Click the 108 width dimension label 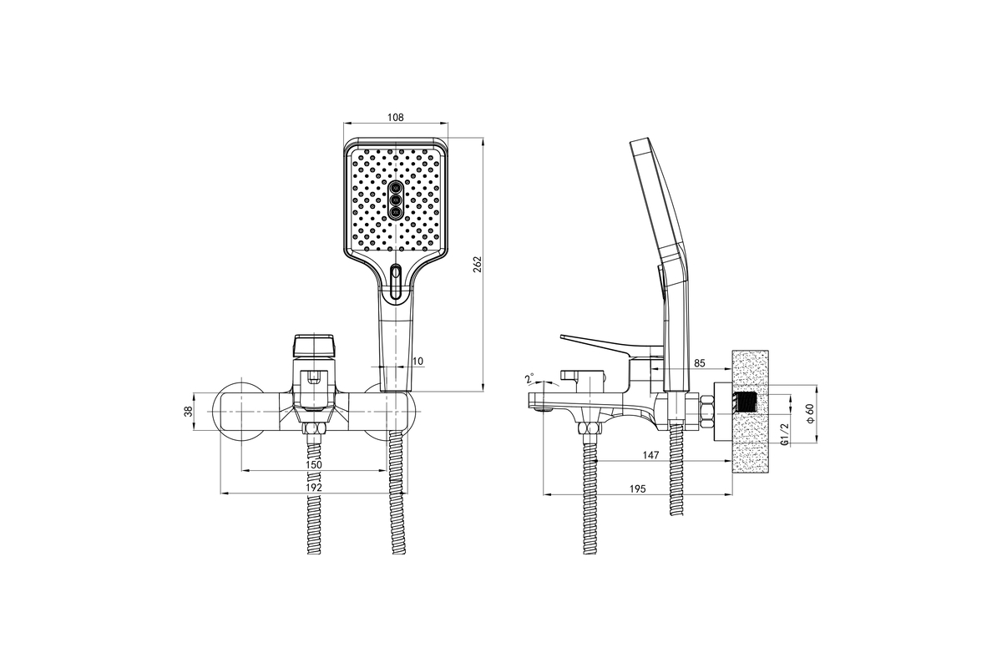coord(396,117)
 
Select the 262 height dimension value coord(478,265)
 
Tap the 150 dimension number coord(314,464)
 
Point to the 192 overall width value coord(314,488)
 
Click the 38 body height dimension coord(189,411)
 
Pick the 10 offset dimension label coord(417,361)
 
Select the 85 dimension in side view coord(699,363)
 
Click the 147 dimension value coord(650,455)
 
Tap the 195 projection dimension coord(637,488)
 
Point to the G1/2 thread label coord(784,434)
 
